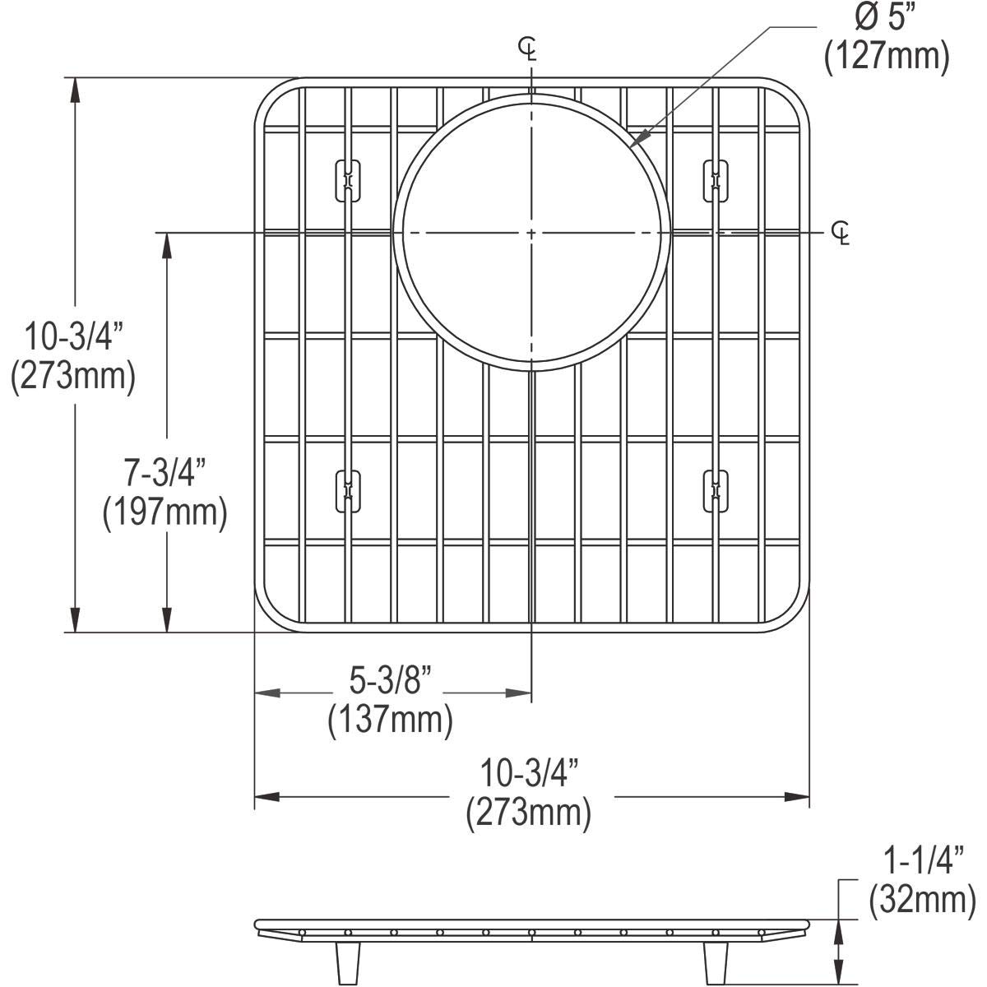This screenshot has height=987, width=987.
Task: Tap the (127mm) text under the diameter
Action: pos(887,57)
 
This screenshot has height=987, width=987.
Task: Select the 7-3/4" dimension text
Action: pos(165,472)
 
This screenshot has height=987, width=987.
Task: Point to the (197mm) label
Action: pos(165,512)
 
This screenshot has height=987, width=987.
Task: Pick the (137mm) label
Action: pos(391,721)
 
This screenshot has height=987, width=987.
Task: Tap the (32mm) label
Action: pos(923,901)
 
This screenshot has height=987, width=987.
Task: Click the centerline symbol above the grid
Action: pos(527,49)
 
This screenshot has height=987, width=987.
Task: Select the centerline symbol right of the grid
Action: pos(841,234)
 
